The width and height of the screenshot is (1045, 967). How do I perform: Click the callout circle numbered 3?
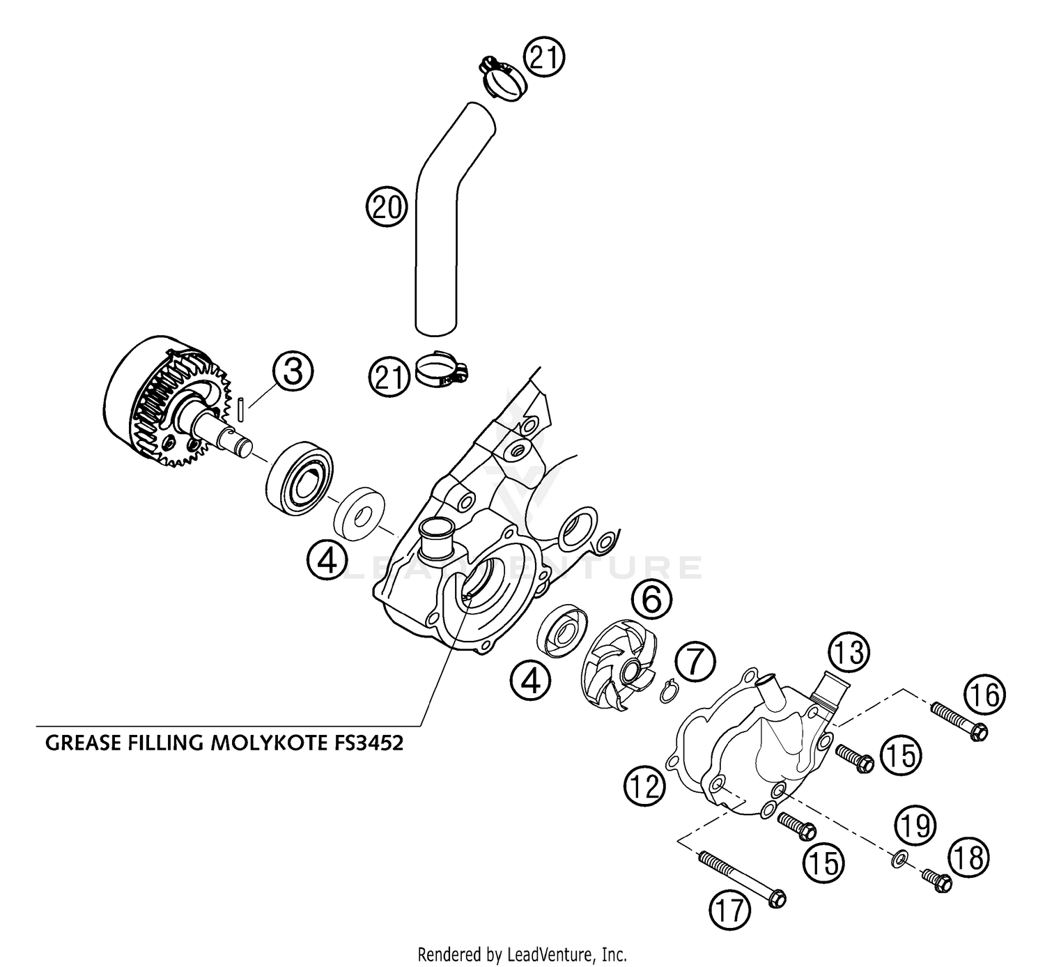tap(293, 372)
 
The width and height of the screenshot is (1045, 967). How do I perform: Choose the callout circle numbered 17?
tap(729, 910)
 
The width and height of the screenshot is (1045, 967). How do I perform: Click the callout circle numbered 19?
tap(915, 826)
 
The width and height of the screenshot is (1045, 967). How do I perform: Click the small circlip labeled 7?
tap(669, 693)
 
